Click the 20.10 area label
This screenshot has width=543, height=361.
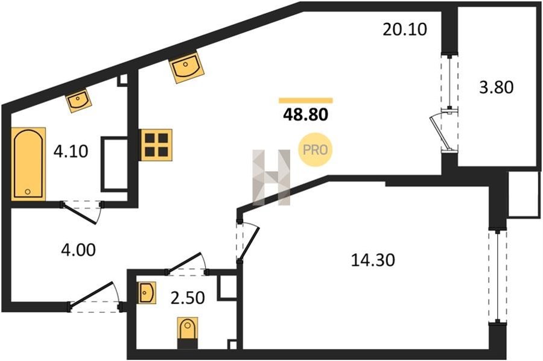click(404, 30)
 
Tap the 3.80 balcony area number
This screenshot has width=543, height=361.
click(497, 87)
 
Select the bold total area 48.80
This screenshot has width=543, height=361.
click(305, 114)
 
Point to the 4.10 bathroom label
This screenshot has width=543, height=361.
click(71, 151)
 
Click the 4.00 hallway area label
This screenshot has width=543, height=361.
click(78, 250)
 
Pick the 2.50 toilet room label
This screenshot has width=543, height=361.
click(188, 298)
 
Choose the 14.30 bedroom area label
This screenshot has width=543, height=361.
click(373, 260)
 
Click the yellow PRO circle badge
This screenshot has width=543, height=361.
click(315, 149)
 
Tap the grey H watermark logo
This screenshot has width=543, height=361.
click(271, 177)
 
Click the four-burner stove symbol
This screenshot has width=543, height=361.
click(156, 145)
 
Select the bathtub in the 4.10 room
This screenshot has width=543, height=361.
click(28, 164)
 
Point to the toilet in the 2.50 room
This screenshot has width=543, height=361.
click(188, 333)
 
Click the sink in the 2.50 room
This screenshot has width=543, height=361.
click(147, 292)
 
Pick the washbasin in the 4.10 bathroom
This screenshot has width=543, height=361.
click(78, 100)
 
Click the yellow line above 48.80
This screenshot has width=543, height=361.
click(306, 101)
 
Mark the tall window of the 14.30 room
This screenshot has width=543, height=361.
click(498, 276)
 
